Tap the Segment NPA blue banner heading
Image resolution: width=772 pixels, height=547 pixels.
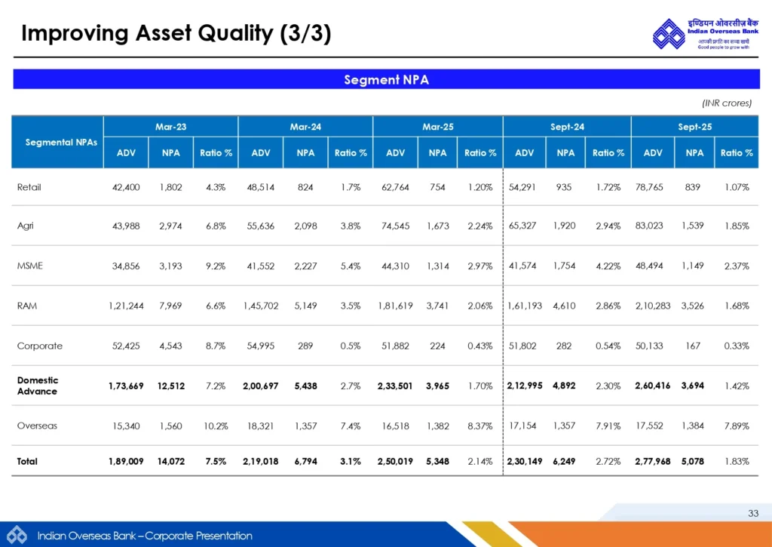386,79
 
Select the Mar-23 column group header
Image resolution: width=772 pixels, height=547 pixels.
170,127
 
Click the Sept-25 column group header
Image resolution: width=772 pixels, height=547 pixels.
694,127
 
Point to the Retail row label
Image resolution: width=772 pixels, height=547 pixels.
29,187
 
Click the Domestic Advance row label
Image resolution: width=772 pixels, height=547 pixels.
38,386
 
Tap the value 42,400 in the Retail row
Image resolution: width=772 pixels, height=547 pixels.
126,187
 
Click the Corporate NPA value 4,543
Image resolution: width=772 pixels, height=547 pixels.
170,346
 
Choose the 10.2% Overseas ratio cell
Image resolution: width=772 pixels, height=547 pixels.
216,426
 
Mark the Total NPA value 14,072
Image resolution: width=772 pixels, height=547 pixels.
170,461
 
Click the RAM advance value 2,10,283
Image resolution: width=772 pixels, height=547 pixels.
652,306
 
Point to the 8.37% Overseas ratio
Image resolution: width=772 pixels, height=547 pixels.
480,426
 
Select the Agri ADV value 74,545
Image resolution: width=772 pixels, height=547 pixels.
395,226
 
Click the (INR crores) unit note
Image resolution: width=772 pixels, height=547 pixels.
727,103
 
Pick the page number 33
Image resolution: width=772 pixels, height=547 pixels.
752,514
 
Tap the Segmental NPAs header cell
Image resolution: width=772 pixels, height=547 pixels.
57,142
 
